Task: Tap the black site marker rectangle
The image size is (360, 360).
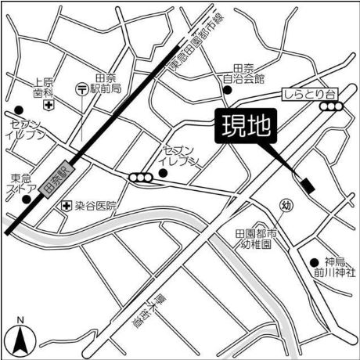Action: [306, 185]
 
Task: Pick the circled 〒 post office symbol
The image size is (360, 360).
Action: [82, 90]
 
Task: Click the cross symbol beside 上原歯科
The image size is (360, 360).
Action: [48, 103]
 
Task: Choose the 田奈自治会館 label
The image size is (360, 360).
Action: [249, 74]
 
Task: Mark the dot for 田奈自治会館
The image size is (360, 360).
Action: [228, 90]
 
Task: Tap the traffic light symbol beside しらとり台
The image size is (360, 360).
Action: [328, 108]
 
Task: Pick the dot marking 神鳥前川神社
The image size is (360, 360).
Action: [314, 262]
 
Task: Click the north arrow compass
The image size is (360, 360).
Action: [20, 335]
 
